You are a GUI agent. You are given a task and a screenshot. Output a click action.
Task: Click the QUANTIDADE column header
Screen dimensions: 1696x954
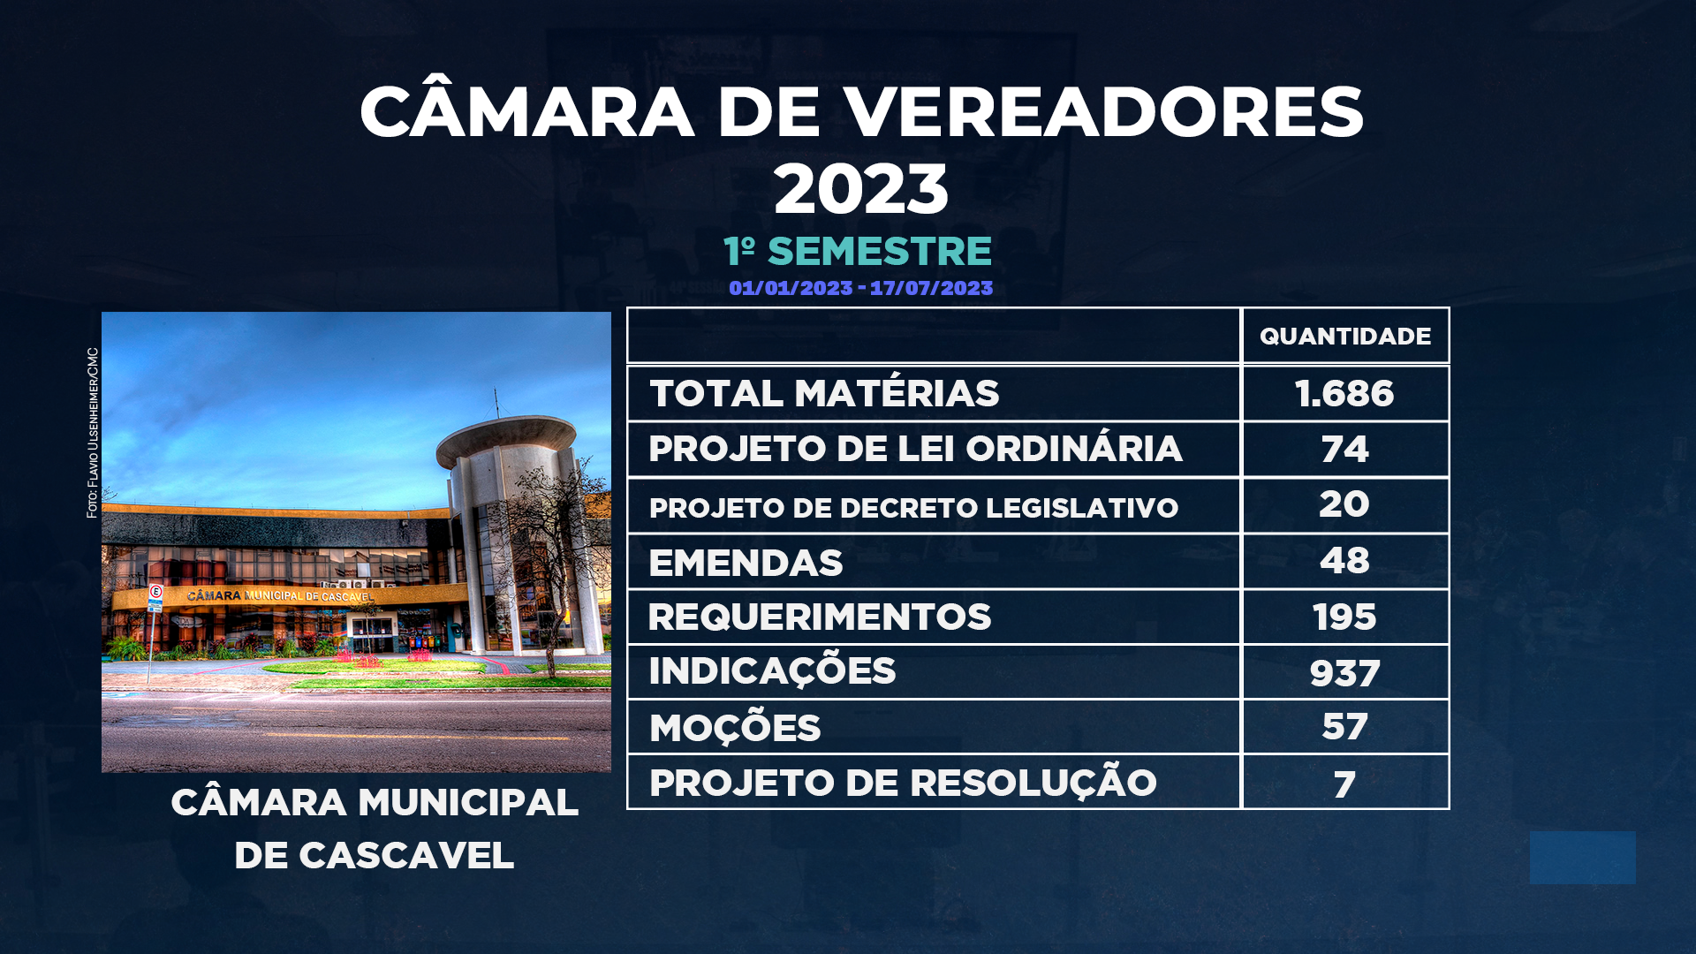click(x=1344, y=337)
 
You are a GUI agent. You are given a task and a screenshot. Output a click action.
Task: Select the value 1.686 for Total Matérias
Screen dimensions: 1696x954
click(x=1344, y=394)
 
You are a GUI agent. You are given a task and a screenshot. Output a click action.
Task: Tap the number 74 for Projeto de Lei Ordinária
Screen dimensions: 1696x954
click(x=1344, y=450)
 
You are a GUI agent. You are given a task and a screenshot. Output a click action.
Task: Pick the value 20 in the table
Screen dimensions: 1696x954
click(x=1344, y=504)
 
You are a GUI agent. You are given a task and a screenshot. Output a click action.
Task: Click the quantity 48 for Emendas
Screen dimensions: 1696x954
click(x=1344, y=561)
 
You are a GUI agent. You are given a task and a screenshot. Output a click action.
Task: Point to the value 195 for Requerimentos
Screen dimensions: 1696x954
click(x=1344, y=617)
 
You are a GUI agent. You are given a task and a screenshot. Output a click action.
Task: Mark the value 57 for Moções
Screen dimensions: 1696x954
click(x=1344, y=727)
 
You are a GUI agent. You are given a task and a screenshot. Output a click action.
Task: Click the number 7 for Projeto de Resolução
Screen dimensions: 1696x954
click(x=1344, y=784)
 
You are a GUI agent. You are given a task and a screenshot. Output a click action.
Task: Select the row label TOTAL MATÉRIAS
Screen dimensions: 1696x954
click(x=824, y=393)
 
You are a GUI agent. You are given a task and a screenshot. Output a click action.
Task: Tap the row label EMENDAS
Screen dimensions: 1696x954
click(x=746, y=564)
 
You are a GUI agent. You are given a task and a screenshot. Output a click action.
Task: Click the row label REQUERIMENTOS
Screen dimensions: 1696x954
click(x=820, y=617)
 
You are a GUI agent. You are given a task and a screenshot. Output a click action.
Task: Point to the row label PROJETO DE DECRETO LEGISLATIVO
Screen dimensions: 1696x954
click(x=913, y=508)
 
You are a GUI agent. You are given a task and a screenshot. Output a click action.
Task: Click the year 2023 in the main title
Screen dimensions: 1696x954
click(x=861, y=189)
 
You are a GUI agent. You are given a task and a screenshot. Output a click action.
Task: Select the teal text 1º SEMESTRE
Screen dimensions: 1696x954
click(x=858, y=251)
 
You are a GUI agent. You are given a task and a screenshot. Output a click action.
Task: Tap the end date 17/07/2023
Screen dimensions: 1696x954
click(x=931, y=288)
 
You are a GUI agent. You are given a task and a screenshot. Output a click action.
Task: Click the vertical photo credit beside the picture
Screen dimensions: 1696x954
click(x=93, y=433)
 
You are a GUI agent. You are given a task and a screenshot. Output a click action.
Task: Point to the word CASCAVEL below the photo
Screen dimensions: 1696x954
click(x=406, y=855)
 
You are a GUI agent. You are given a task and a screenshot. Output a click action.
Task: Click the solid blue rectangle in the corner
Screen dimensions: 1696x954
click(x=1583, y=858)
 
